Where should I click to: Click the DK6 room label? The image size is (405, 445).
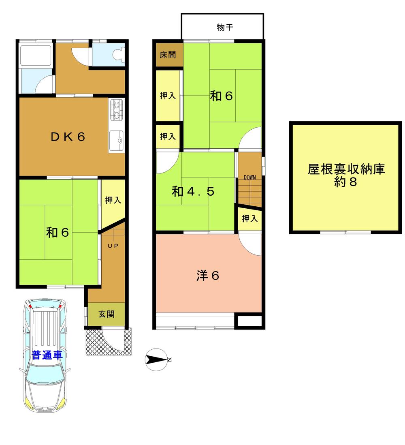point(68,137)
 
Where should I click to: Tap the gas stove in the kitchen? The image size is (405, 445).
point(117,110)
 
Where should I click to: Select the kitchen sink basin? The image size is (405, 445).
point(117,141)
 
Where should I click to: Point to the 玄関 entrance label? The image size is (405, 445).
point(107,314)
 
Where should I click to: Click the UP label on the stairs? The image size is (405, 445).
point(113,246)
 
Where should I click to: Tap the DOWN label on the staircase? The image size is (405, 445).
point(249,178)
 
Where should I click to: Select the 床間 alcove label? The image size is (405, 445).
point(168,55)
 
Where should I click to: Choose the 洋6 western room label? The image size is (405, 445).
point(208,276)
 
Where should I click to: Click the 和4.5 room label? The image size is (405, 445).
point(193,191)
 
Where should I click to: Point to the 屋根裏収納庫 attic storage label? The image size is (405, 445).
point(346,169)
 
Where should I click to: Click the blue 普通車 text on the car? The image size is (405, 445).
point(47,355)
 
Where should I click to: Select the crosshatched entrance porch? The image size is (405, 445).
point(94,342)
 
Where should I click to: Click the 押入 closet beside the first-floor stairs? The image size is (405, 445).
point(112,200)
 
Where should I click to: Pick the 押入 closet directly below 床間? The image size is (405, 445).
point(168,96)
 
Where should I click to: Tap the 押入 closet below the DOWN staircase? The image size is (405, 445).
point(249,219)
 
